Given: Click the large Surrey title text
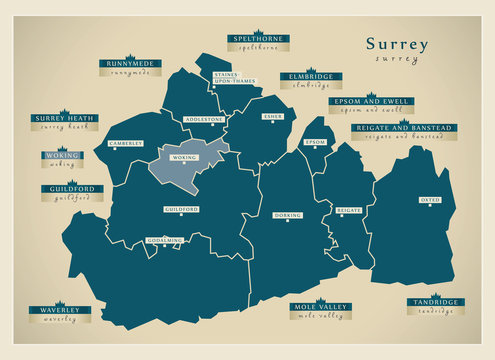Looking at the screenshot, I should pos(396,44).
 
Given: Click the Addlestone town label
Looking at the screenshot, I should pos(204,119).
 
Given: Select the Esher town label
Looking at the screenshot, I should pos(272,116).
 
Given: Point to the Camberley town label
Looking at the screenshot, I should pos(126,143).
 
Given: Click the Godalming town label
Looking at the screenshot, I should pos(165,240).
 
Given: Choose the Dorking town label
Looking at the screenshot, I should pos(287,214).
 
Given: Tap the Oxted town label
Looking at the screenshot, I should pos(430,199).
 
